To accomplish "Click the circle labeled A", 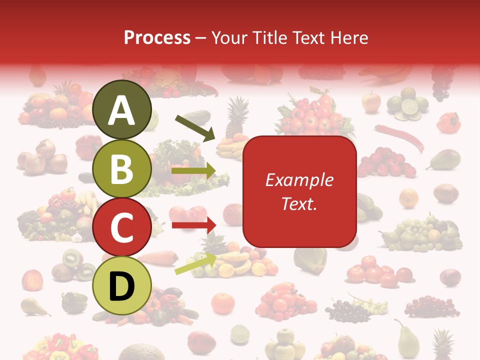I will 122,110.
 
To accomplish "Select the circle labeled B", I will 122,168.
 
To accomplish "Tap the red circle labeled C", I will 122,227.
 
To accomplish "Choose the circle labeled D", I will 122,285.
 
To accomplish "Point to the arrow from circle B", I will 193,171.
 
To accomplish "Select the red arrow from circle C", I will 193,225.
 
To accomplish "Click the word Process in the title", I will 157,37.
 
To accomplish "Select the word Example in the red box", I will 299,180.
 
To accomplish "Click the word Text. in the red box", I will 299,204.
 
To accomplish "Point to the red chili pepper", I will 400,136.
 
